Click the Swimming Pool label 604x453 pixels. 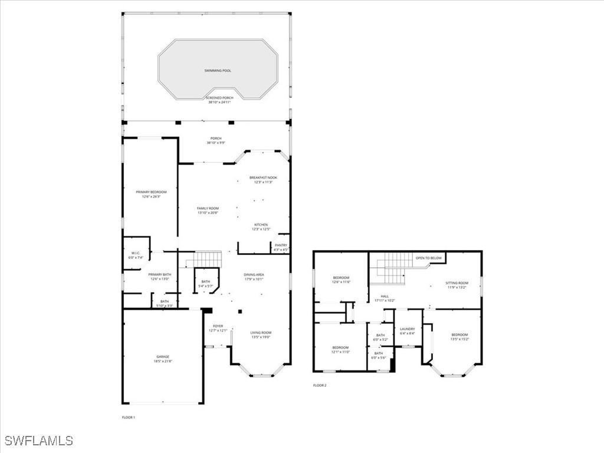(218, 71)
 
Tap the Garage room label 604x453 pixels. (163, 357)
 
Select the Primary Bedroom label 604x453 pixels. (151, 192)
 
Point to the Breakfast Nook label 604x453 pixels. (263, 178)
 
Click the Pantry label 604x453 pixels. (281, 245)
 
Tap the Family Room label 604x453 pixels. (208, 208)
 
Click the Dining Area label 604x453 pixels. (254, 275)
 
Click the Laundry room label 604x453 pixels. (408, 329)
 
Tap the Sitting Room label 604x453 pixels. (457, 283)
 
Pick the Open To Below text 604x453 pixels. (429, 258)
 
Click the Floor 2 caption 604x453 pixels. (319, 386)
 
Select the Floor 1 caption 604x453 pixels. (129, 418)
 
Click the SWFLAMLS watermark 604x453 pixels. (38, 441)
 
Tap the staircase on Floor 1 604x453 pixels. (208, 259)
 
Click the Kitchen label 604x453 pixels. (261, 225)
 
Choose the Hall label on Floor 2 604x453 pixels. (385, 296)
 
